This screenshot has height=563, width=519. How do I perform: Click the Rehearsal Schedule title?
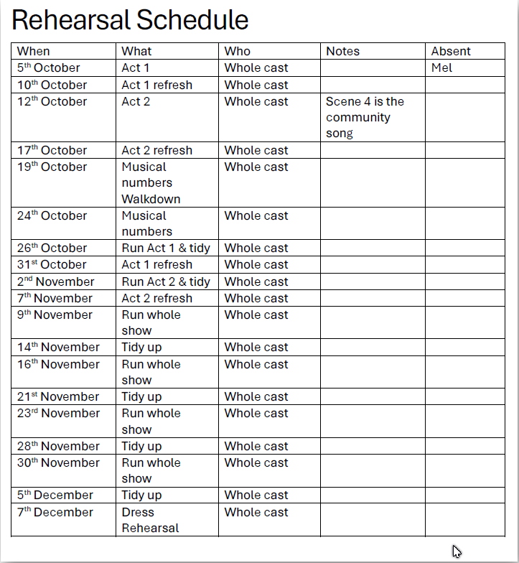coord(130,20)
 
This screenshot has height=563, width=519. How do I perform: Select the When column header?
coord(34,51)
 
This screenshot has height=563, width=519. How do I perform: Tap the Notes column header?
coord(342,51)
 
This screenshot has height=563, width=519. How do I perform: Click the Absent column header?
coord(451,51)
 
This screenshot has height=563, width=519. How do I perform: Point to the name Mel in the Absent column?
coord(442,68)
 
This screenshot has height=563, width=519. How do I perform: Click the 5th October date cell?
coord(49,68)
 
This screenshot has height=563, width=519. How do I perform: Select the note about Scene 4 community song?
coord(365,117)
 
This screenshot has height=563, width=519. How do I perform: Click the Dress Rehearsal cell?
coord(150,520)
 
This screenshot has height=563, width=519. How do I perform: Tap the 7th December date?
coord(55,512)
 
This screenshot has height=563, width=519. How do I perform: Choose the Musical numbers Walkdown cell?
coord(151,182)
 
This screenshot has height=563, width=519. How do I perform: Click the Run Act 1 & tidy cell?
coord(166,248)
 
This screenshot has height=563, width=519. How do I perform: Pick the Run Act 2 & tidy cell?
coord(166,281)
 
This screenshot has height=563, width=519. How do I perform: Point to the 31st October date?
coord(52,264)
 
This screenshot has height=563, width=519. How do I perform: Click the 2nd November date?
coord(56,281)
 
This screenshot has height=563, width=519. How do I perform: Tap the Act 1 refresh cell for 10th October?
coord(156,85)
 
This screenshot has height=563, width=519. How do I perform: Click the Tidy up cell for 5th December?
coord(141,495)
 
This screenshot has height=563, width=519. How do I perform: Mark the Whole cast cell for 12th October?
coord(256,101)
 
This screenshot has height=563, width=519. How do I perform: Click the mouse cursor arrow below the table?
coord(457,552)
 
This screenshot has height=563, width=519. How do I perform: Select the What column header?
coord(136,51)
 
